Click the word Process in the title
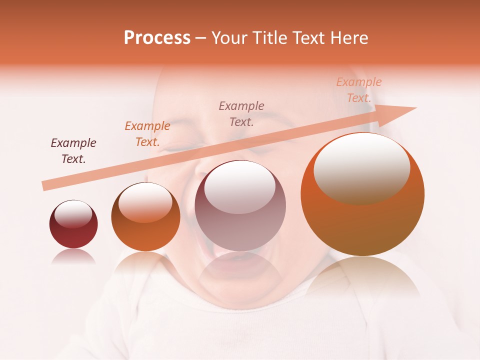coord(157,38)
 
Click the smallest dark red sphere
coord(73,224)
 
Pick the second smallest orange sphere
coord(145,216)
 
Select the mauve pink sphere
coord(240,205)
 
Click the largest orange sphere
coord(362,194)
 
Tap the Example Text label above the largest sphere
coord(358,90)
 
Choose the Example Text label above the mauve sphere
coord(241,114)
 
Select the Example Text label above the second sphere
coord(147,134)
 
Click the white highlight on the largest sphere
coord(361,167)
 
